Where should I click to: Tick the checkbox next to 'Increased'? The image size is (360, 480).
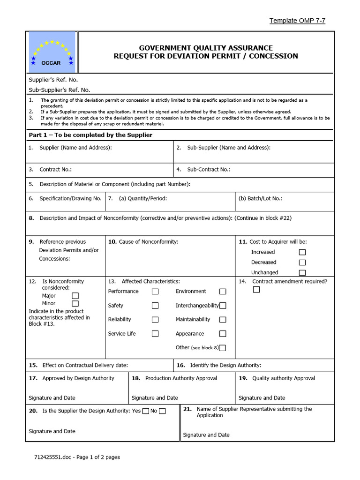[x=302, y=252]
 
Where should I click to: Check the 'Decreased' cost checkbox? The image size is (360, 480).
[x=302, y=262]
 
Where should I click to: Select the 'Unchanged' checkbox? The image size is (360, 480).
[x=302, y=273]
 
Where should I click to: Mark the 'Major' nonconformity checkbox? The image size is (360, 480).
[x=75, y=296]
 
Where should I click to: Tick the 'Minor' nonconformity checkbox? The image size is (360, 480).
[x=75, y=304]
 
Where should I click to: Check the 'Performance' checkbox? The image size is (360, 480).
[x=155, y=292]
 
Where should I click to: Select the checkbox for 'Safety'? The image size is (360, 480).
[x=155, y=306]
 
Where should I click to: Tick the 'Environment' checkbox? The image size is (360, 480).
[x=223, y=292]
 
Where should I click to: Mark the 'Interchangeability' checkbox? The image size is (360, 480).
[x=223, y=306]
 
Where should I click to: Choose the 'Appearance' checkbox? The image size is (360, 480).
[x=223, y=334]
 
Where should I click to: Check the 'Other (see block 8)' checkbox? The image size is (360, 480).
[x=222, y=348]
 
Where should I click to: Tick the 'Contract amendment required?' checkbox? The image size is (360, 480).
[x=256, y=290]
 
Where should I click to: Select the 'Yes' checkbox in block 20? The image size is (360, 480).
[x=146, y=411]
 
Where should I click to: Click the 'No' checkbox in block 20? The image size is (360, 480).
[x=162, y=411]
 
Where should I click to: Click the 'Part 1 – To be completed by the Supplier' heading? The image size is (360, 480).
[x=90, y=135]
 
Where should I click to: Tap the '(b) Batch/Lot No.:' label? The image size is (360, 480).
[x=260, y=198]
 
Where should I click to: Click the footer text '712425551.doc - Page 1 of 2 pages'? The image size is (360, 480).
[x=77, y=457]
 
